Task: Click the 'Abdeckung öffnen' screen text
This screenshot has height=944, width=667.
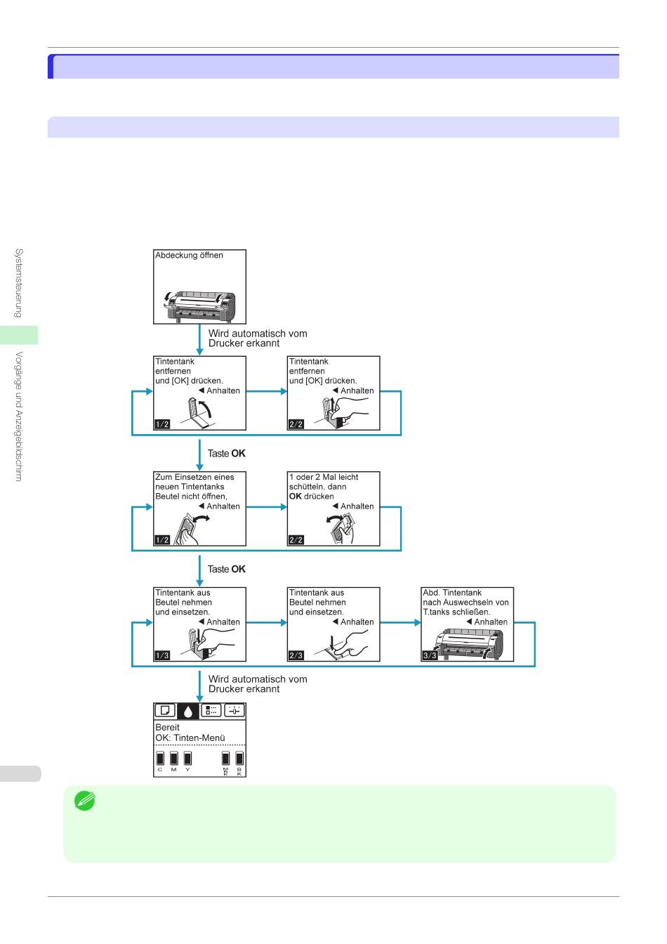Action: (x=189, y=256)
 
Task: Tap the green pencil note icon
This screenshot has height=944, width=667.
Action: (x=85, y=800)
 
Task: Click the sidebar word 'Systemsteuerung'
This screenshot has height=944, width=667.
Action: (x=19, y=283)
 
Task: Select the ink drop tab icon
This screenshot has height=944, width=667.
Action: (x=188, y=711)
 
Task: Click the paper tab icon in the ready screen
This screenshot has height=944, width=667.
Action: (x=165, y=711)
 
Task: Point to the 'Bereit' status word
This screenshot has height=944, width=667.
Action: (x=167, y=728)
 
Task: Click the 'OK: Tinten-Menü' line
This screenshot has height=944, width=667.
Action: (x=190, y=738)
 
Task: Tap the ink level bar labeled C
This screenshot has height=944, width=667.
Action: (x=160, y=759)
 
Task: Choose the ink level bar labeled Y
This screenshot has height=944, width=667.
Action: (x=188, y=759)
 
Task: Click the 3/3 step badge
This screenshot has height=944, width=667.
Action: (x=430, y=656)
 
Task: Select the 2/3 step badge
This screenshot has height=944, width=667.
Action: (x=296, y=656)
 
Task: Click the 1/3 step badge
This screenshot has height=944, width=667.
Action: (x=162, y=656)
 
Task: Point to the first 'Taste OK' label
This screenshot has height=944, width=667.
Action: (x=226, y=454)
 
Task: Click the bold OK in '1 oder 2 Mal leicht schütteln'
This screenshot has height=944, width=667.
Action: (x=296, y=497)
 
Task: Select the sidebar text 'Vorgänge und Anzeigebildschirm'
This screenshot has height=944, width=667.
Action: (x=19, y=417)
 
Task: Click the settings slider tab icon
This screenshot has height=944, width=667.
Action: (x=235, y=711)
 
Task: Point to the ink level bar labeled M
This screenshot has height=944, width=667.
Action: (x=174, y=759)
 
